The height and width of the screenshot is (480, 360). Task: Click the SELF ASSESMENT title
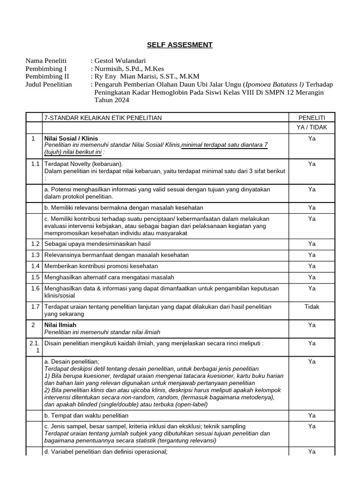[180, 45]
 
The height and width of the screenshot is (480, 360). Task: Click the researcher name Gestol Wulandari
[120, 61]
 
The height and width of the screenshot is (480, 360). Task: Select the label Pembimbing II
[47, 76]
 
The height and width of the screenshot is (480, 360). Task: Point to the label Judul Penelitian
[49, 84]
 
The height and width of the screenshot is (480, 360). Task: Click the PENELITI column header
[312, 118]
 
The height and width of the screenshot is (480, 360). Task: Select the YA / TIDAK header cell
[312, 127]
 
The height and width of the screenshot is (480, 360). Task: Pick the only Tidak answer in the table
[312, 307]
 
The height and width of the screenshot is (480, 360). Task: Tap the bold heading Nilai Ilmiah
[60, 325]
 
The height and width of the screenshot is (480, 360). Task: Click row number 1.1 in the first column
[33, 164]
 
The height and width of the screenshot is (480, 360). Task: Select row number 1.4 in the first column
[33, 266]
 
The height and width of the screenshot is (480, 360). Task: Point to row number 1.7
[33, 307]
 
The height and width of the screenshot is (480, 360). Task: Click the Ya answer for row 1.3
[312, 255]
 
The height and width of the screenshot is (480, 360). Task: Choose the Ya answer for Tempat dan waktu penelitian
[312, 415]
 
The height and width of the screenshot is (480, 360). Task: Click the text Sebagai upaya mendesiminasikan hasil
[97, 244]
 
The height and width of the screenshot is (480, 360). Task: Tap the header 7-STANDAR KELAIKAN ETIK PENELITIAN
[103, 118]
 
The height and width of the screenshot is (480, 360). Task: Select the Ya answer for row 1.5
[312, 277]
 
